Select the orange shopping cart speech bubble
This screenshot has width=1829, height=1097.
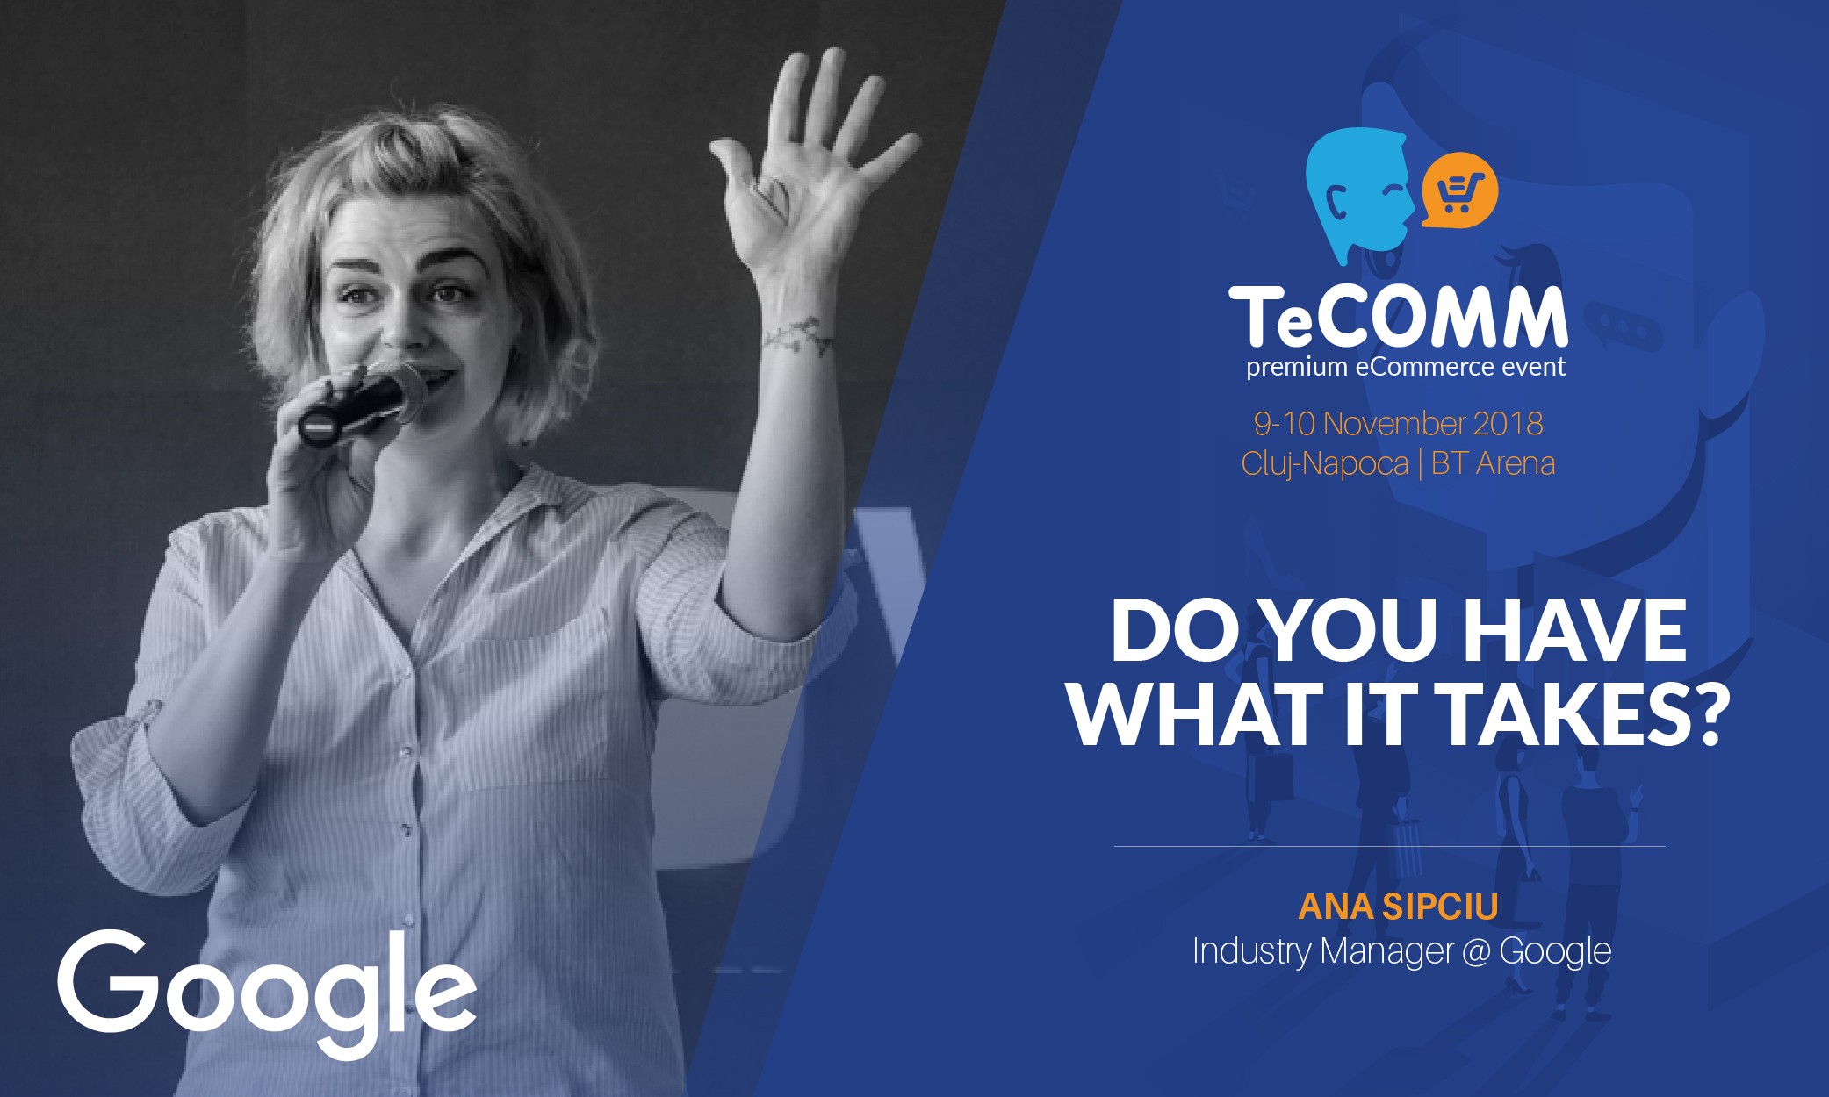click(1458, 190)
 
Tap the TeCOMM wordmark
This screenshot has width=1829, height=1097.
click(1398, 317)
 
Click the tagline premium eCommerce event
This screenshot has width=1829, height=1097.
click(1405, 367)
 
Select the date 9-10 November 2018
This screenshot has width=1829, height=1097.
click(1398, 424)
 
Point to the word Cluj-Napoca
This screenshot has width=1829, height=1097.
click(1324, 463)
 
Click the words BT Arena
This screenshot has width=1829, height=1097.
click(1493, 463)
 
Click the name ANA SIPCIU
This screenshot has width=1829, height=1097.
click(1398, 907)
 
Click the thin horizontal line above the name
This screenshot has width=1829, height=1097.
click(1389, 847)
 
